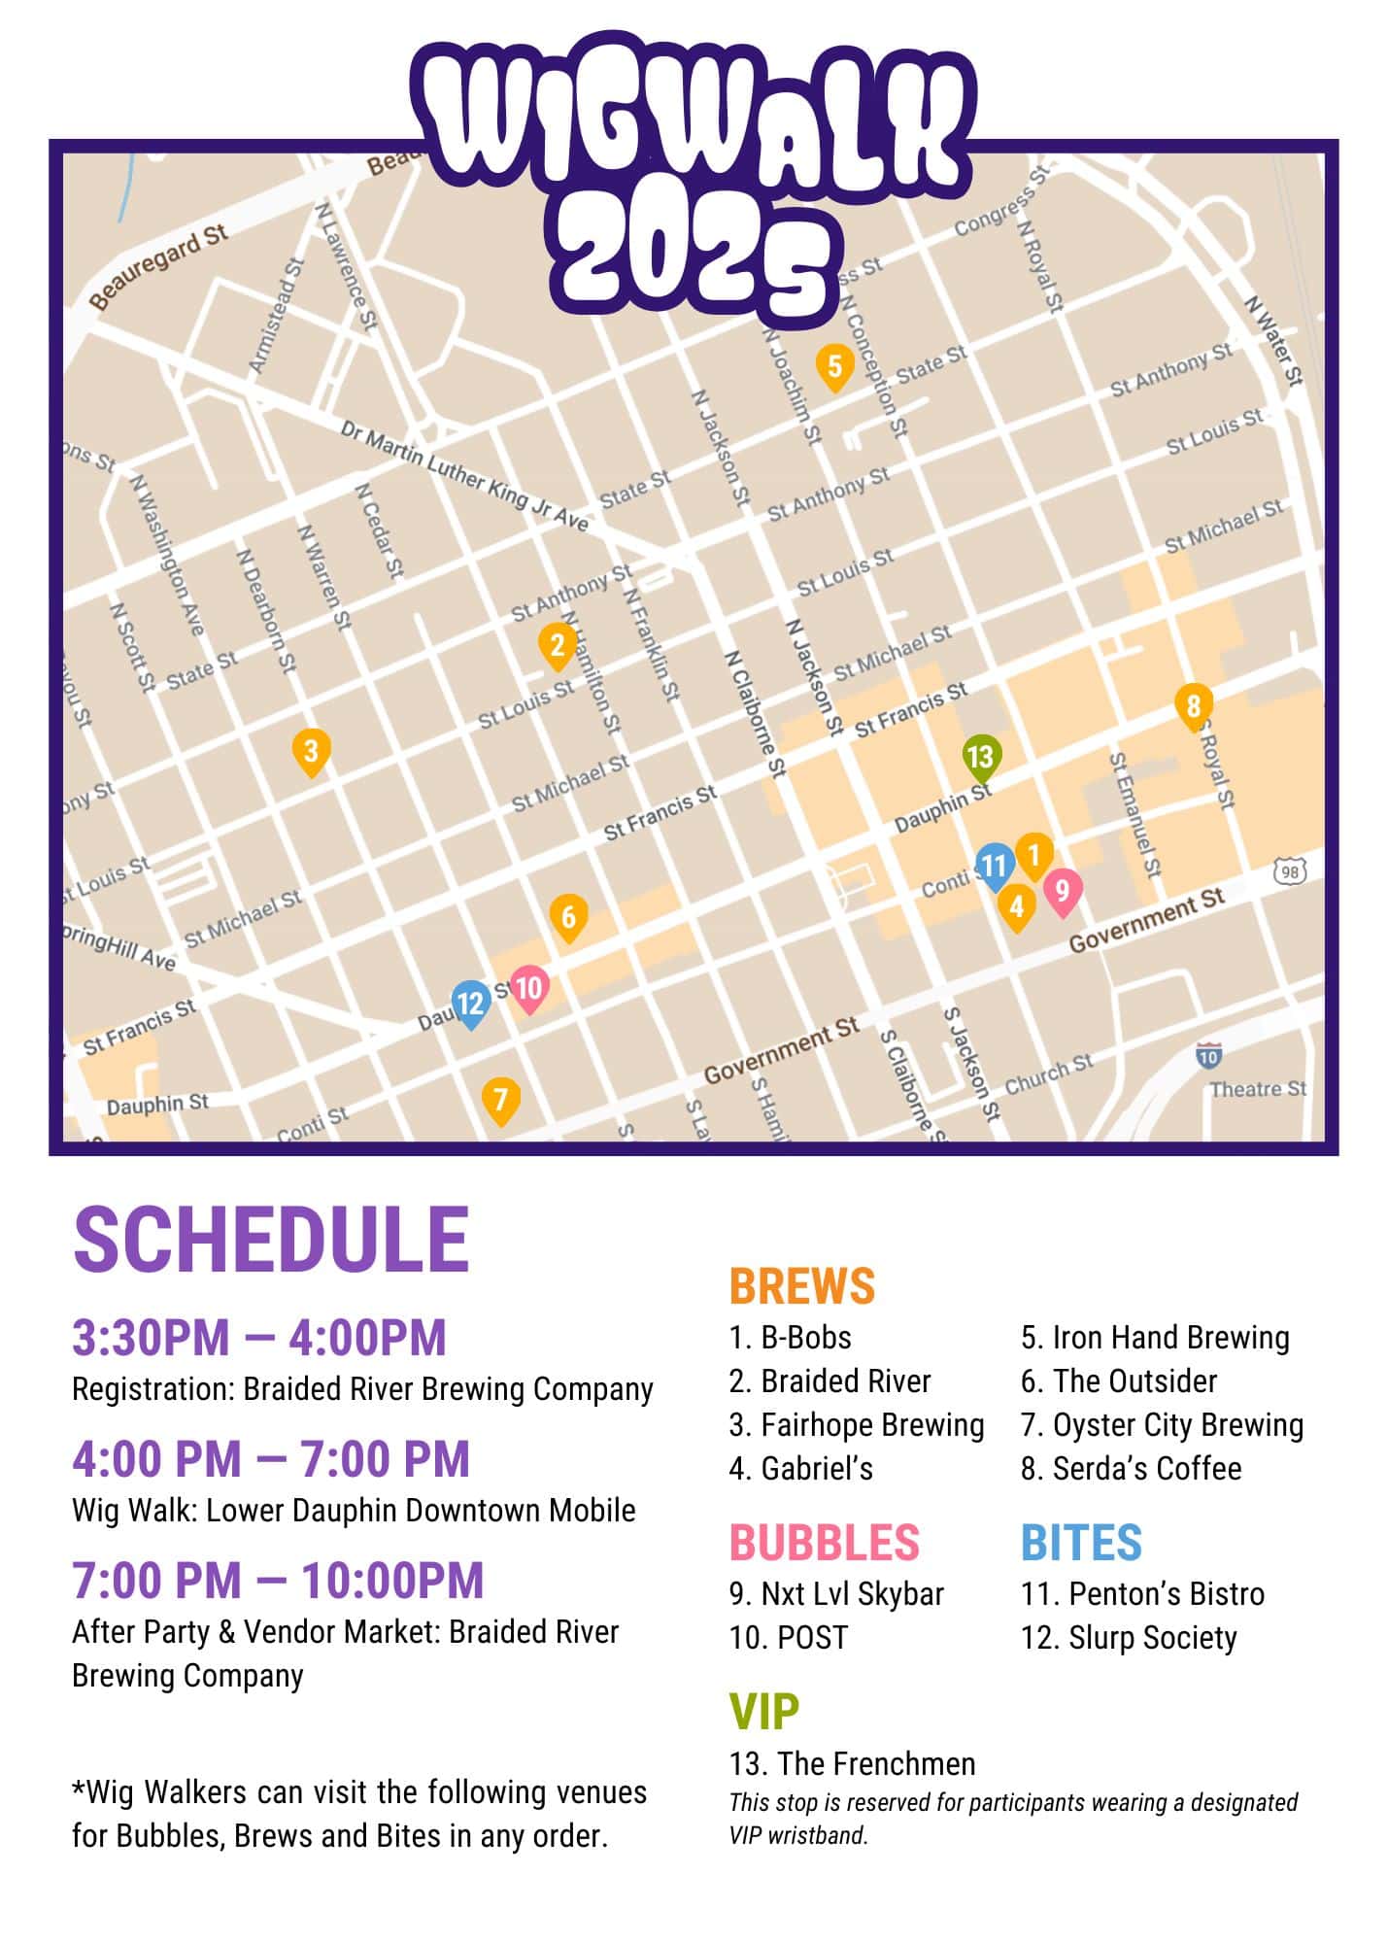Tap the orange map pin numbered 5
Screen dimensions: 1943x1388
(x=834, y=366)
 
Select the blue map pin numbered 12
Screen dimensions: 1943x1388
(x=470, y=1003)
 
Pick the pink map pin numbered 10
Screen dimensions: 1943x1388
(x=529, y=989)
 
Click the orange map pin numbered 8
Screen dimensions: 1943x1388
(x=1193, y=705)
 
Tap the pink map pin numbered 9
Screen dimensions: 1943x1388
(x=1062, y=891)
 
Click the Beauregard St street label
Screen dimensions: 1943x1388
(x=158, y=266)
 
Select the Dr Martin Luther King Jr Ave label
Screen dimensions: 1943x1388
(x=464, y=476)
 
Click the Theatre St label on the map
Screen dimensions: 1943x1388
(x=1258, y=1089)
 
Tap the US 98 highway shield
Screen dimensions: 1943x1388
(x=1290, y=871)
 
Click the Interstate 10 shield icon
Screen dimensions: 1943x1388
(x=1208, y=1055)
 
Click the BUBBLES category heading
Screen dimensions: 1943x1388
(x=824, y=1543)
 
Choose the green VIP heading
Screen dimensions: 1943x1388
(x=764, y=1712)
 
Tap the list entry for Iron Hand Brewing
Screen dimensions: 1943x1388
(x=1155, y=1338)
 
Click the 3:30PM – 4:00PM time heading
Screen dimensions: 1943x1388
(x=259, y=1338)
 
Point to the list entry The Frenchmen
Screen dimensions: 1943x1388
(x=852, y=1763)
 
